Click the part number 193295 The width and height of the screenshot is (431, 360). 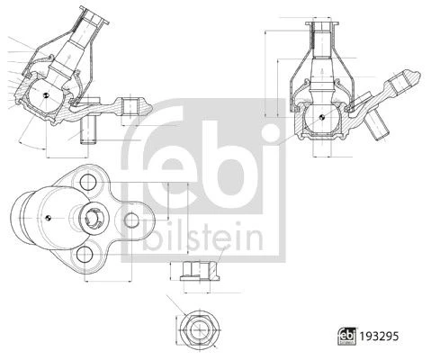tap(379, 337)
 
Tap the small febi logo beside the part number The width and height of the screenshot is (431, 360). tap(347, 336)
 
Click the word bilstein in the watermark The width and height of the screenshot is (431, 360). tap(203, 236)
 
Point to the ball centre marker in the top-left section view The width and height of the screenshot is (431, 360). tap(46, 95)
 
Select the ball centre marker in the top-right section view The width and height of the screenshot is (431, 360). tap(321, 117)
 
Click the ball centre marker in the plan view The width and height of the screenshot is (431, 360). tap(48, 218)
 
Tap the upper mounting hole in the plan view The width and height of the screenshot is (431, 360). tap(88, 182)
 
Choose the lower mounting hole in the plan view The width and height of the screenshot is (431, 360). tap(85, 255)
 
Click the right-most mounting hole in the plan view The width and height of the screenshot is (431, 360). tap(131, 220)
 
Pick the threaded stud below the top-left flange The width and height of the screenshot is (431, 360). tap(88, 130)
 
